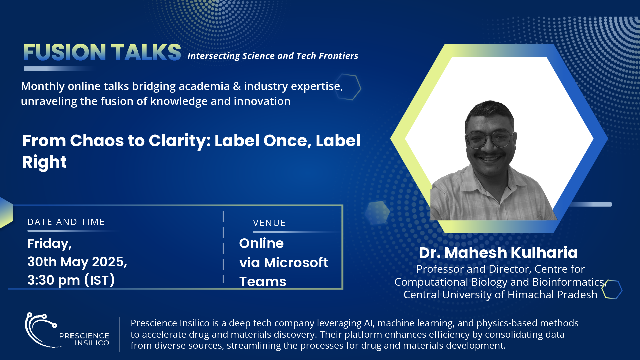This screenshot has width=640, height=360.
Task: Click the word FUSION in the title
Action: [65, 52]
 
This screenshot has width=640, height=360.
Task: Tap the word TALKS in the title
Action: [146, 52]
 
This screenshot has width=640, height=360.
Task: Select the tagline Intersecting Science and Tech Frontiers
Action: [273, 56]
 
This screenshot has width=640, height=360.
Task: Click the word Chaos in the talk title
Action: [97, 141]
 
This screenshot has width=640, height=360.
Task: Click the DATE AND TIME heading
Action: [66, 222]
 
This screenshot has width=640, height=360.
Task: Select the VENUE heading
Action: [269, 223]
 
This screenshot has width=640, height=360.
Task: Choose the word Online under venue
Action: [261, 243]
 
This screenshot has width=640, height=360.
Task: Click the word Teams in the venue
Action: [263, 282]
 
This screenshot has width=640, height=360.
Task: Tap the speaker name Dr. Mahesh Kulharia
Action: [498, 253]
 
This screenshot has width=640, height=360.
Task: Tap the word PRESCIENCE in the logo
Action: [84, 336]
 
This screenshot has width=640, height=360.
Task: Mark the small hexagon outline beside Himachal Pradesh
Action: [612, 289]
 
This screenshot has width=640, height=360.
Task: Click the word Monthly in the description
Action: [43, 87]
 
